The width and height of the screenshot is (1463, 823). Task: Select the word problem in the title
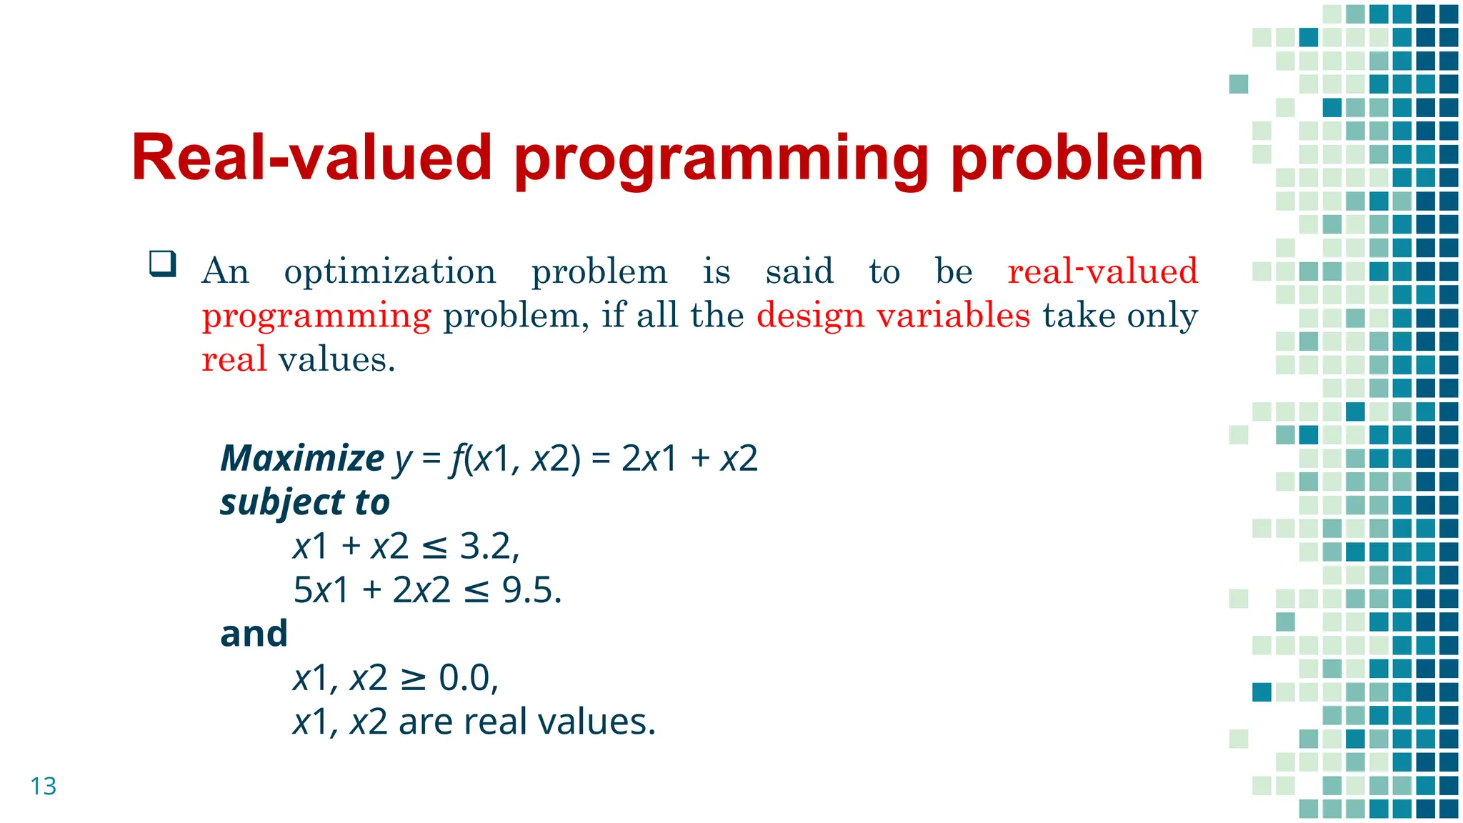1077,159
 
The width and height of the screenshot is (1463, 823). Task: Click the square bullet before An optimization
163,264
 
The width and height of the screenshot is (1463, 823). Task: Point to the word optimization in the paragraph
389,272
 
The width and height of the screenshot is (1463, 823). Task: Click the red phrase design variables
893,315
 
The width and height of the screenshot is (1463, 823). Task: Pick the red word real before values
234,359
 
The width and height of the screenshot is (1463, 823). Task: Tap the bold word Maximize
302,458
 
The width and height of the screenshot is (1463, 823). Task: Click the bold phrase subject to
305,502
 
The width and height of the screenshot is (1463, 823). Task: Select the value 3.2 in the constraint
485,547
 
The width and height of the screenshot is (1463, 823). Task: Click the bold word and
254,634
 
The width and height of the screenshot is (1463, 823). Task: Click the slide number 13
43,786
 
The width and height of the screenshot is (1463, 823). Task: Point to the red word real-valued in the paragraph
1102,272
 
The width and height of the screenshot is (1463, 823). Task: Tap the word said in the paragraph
799,272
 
